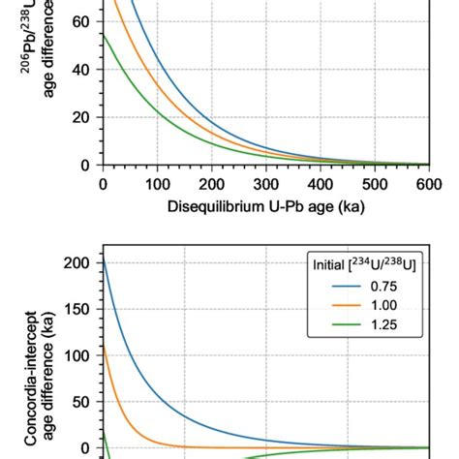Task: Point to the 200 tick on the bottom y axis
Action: click(79, 262)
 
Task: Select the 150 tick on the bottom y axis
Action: click(79, 309)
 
